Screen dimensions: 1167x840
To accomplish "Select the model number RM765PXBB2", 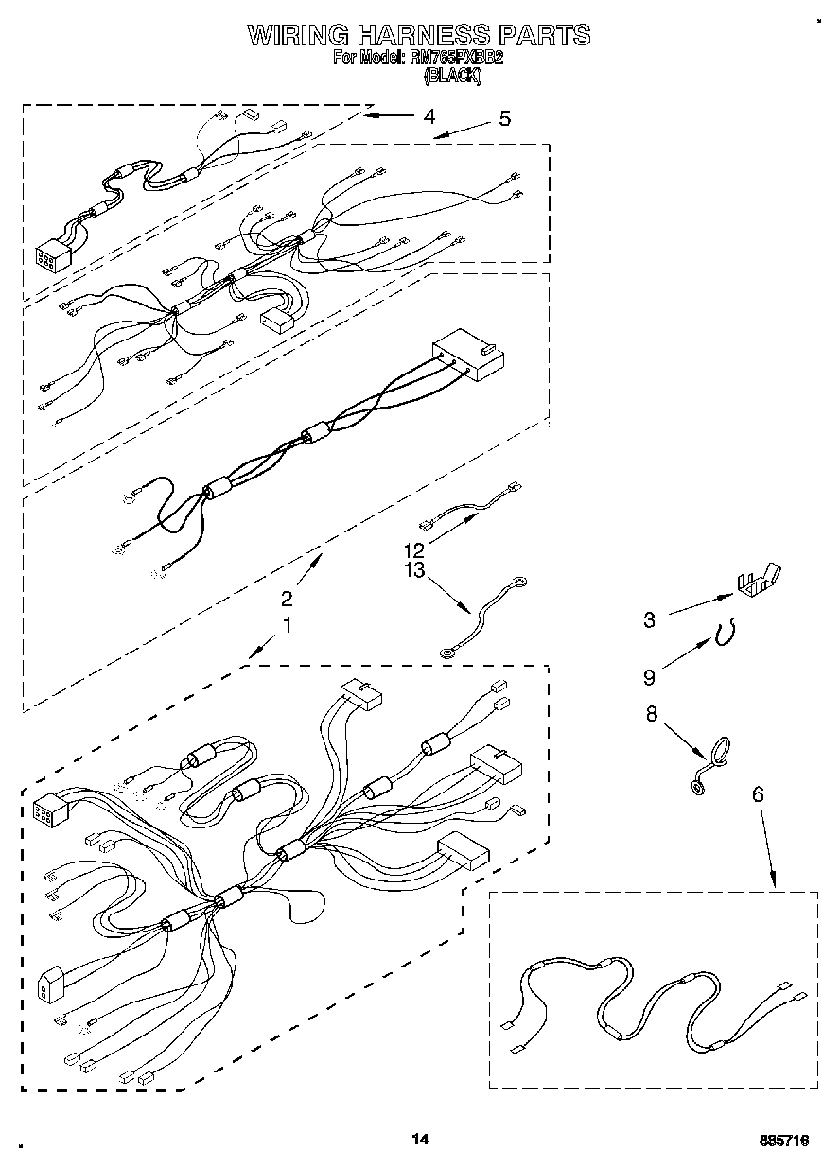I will [455, 58].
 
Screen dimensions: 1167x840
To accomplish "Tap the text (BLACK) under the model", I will [452, 78].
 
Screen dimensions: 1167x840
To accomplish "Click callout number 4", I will [429, 117].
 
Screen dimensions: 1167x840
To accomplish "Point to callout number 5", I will [504, 118].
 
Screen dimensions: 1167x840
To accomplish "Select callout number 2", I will [287, 598].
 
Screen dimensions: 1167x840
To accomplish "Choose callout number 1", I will [287, 625].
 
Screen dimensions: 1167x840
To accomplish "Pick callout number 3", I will [649, 620].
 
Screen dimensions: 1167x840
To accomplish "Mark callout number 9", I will [649, 676].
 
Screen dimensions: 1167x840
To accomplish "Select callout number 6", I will [757, 795].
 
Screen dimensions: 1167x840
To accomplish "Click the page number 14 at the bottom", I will [420, 1140].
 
